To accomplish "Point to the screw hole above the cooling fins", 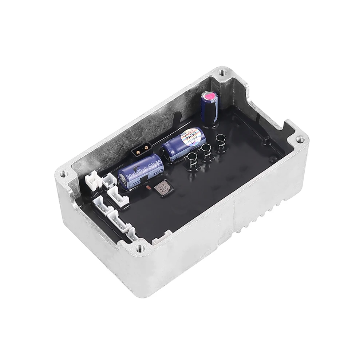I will coord(299,139).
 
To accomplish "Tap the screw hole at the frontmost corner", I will coord(138,249).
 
